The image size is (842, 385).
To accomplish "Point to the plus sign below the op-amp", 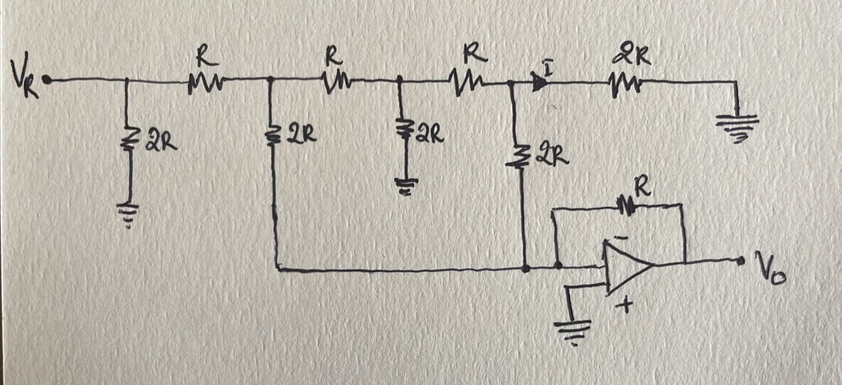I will click(625, 305).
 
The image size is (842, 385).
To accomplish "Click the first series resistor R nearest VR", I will click(205, 83).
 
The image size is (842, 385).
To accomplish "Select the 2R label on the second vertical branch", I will click(302, 135).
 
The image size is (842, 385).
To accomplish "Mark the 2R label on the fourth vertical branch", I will click(553, 156).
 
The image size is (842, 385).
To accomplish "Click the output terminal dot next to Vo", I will click(741, 260).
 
